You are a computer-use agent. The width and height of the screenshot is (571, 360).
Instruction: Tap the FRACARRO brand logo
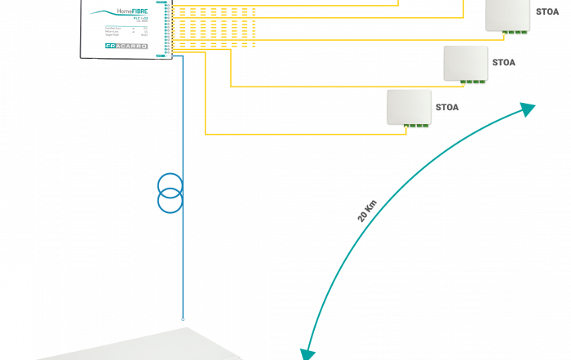click(x=126, y=47)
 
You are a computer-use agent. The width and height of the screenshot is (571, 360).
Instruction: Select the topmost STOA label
click(x=547, y=12)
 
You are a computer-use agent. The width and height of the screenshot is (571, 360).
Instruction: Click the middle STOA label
click(x=503, y=63)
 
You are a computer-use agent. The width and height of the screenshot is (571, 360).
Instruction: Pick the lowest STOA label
click(x=447, y=107)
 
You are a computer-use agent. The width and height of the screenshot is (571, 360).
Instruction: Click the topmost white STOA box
click(x=507, y=15)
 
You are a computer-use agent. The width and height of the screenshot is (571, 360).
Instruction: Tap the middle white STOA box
click(x=466, y=63)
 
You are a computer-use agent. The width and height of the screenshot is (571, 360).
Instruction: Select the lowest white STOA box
click(x=409, y=107)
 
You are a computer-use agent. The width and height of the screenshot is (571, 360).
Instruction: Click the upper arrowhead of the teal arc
click(x=529, y=109)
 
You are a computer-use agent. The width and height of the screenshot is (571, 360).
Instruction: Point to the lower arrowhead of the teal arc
click(x=307, y=353)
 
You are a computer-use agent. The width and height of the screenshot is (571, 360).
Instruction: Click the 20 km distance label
click(x=367, y=211)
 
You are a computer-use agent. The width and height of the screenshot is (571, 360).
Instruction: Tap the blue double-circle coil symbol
click(x=170, y=193)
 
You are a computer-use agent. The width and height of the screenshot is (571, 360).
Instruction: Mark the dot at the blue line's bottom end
click(x=183, y=319)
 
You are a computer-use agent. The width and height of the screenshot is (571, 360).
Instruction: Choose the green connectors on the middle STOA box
click(x=472, y=82)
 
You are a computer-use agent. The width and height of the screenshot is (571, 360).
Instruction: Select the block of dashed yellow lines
click(x=214, y=26)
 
